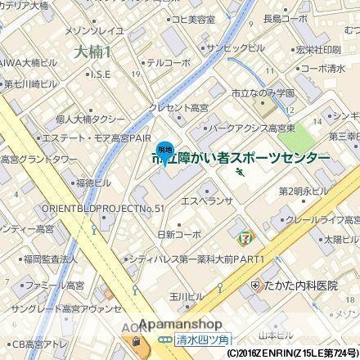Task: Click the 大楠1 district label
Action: (x=97, y=51)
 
